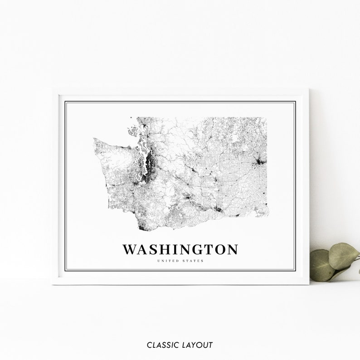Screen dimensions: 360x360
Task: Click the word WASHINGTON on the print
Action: click(x=180, y=249)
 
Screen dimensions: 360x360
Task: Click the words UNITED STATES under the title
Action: click(x=180, y=261)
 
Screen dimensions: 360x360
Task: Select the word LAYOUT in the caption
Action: click(x=196, y=345)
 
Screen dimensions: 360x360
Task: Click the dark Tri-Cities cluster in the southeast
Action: click(x=219, y=209)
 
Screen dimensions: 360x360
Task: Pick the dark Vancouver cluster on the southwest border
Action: click(x=142, y=227)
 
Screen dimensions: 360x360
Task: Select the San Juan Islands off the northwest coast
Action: click(x=133, y=132)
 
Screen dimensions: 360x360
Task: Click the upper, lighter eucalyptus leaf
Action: click(x=343, y=255)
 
